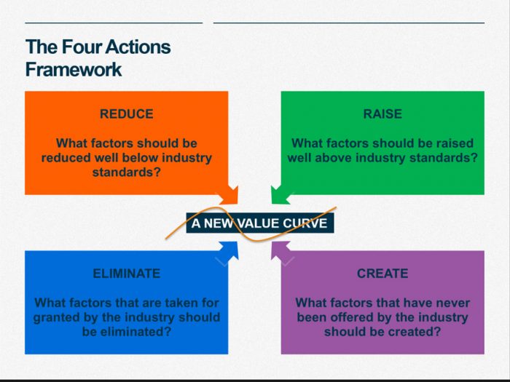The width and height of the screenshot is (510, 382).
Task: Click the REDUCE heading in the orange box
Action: [x=127, y=114]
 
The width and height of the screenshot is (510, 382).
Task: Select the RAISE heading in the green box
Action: [x=382, y=114]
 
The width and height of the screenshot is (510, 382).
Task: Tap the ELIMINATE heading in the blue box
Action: [x=126, y=274]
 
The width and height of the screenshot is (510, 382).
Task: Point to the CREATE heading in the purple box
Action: [x=382, y=274]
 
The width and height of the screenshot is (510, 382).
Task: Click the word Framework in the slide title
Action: [x=74, y=70]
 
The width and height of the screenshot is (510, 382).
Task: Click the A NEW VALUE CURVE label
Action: [x=260, y=223]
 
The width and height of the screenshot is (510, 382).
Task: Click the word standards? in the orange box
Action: [x=127, y=172]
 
